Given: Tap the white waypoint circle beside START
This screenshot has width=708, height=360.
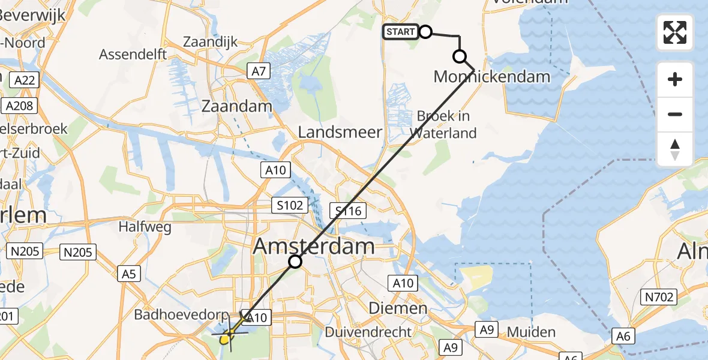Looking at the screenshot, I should tap(425, 32).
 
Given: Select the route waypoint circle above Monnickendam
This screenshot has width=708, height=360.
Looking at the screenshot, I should tap(460, 57).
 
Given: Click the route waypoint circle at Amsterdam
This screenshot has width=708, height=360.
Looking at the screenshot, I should tap(295, 262).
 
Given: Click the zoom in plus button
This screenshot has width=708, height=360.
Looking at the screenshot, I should tap(675, 80).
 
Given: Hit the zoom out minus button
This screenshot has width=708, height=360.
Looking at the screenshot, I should tap(675, 115).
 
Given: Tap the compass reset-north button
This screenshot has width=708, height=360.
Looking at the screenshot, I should tap(675, 149).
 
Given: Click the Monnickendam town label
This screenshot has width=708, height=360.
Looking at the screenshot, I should tap(491, 77).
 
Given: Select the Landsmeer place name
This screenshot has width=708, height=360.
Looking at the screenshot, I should tap(340, 132).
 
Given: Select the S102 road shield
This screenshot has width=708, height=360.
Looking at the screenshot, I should tap(290, 205).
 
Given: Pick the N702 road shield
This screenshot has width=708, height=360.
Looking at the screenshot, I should tap(661, 296).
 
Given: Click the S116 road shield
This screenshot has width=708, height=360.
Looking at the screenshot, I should tap(349, 210).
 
